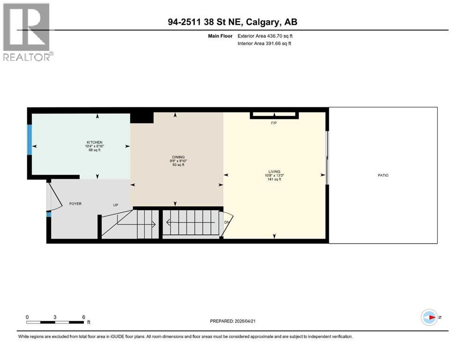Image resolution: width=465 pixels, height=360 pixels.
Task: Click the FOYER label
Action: point(76,204)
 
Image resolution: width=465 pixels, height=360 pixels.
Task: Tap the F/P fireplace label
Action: point(274,123)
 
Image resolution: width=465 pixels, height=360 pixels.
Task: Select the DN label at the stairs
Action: point(227,222)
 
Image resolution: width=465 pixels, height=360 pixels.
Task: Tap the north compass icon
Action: point(429,317)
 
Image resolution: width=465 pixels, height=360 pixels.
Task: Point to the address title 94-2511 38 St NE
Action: point(232,22)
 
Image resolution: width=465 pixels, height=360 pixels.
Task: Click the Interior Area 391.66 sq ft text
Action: point(265,44)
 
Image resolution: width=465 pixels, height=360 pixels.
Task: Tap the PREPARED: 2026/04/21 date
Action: point(232,321)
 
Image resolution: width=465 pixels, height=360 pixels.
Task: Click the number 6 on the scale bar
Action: point(83,317)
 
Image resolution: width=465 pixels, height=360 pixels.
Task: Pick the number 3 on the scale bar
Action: point(55,317)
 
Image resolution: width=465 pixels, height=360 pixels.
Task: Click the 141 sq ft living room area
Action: point(274,179)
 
